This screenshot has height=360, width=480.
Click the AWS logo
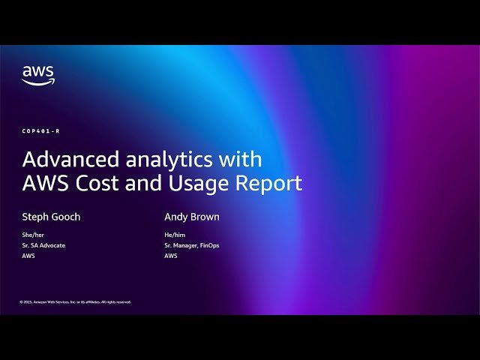click(x=37, y=74)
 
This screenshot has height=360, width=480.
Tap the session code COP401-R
click(x=40, y=131)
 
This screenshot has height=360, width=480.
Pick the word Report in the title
click(x=274, y=183)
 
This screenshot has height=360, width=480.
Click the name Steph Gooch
click(x=51, y=217)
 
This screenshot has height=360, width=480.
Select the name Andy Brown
click(x=192, y=217)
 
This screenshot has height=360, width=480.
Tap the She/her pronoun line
click(x=32, y=235)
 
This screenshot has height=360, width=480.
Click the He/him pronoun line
click(x=174, y=235)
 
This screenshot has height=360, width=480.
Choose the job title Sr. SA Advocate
click(x=43, y=245)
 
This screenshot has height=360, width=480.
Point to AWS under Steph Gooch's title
click(x=28, y=256)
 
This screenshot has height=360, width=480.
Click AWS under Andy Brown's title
click(x=171, y=256)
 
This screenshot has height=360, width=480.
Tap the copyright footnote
click(x=75, y=302)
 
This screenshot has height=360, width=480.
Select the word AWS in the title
click(x=44, y=183)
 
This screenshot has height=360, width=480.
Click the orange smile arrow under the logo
click(x=38, y=82)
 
